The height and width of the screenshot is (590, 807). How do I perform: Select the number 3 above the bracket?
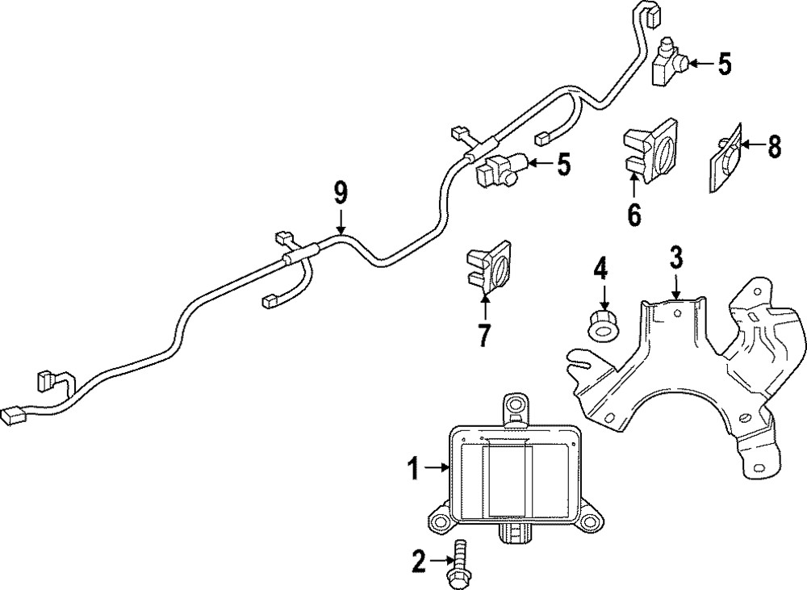pos(676,258)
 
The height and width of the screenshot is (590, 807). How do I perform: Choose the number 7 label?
pos(484,335)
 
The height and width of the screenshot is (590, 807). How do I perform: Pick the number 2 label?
pos(418,561)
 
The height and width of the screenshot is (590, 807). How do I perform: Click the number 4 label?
pos(600,266)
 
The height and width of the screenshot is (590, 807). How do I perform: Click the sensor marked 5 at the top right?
pos(667,61)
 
